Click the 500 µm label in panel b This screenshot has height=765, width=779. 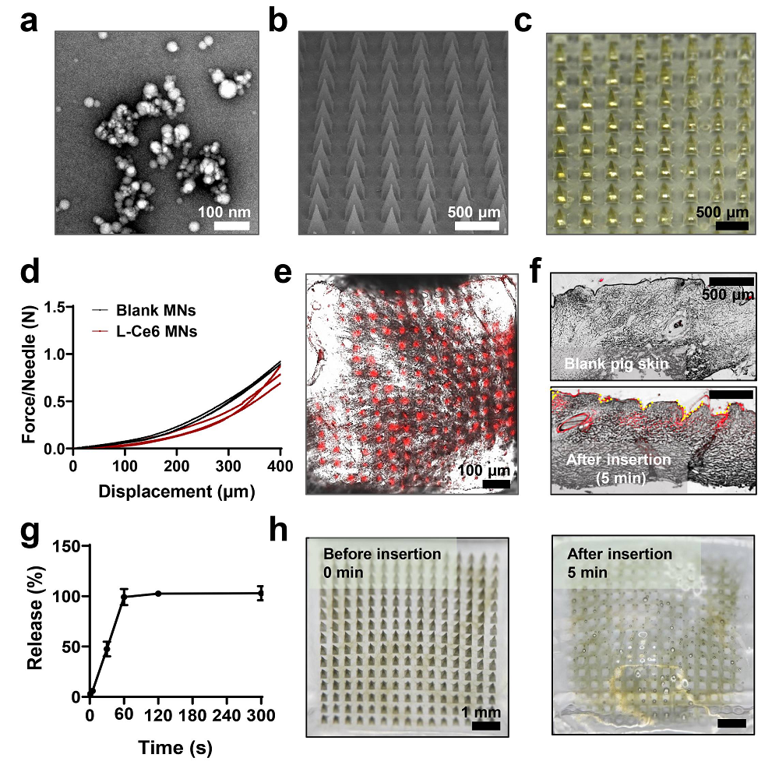(x=475, y=212)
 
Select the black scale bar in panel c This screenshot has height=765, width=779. (x=732, y=226)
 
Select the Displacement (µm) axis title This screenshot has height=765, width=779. (x=177, y=492)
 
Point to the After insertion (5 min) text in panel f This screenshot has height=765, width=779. (x=618, y=467)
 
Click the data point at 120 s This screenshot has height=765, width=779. (x=158, y=594)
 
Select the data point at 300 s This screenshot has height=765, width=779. (x=261, y=593)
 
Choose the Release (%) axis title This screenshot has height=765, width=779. (x=34, y=622)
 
